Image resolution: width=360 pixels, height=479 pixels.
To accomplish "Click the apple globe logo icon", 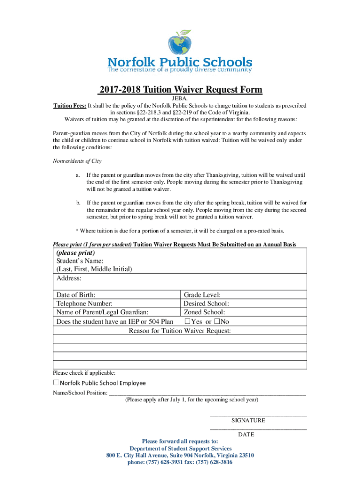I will click(x=180, y=43).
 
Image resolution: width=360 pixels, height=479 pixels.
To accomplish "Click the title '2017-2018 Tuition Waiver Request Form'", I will click(x=180, y=90).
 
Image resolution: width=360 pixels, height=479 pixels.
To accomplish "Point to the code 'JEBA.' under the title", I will click(x=180, y=99).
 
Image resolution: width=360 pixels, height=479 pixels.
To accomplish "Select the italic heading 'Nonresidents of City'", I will click(x=77, y=161).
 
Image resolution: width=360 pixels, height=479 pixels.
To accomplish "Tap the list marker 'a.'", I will click(x=78, y=174).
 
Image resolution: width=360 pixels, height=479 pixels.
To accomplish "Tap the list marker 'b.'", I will click(x=78, y=203).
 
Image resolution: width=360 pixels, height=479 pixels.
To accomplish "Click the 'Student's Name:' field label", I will click(x=80, y=261).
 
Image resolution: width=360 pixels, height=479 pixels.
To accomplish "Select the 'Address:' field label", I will click(x=69, y=278).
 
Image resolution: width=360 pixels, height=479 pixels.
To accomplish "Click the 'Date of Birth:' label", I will click(x=76, y=295).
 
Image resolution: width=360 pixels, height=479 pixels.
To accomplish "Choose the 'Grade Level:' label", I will click(x=202, y=295).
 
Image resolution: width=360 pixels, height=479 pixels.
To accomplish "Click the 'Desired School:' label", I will click(x=206, y=304).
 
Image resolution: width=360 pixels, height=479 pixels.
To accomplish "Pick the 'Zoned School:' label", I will click(x=204, y=312).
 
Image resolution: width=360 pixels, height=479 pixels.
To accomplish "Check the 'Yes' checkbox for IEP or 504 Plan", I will click(x=187, y=321).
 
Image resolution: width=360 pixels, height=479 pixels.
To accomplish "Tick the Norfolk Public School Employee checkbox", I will click(x=56, y=383).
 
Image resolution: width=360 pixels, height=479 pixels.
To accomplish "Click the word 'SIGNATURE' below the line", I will click(x=248, y=421).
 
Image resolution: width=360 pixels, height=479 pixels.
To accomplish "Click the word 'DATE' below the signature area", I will click(x=246, y=435).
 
